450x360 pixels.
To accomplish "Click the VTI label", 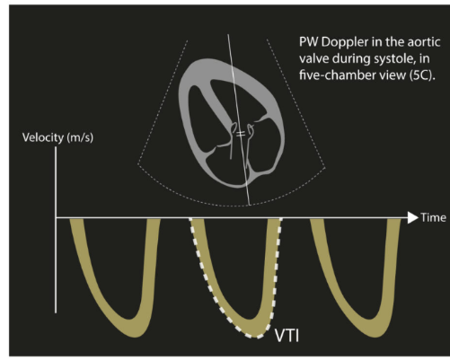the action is coord(287,336).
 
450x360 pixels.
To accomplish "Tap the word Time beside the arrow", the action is coord(433,217).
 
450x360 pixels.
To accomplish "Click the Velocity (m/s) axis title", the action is coord(57,137).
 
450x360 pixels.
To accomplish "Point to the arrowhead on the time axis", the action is coord(412,218).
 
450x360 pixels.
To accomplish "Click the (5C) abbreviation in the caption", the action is coord(422,75).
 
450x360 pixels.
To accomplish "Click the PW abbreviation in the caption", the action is coord(309,42).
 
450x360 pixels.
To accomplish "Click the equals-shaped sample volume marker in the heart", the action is coord(241,134).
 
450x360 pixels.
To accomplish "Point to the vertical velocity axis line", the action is coord(56,230).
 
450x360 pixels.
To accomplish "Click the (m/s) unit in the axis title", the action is coord(80,138).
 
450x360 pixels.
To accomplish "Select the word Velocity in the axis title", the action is coord(43,137).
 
